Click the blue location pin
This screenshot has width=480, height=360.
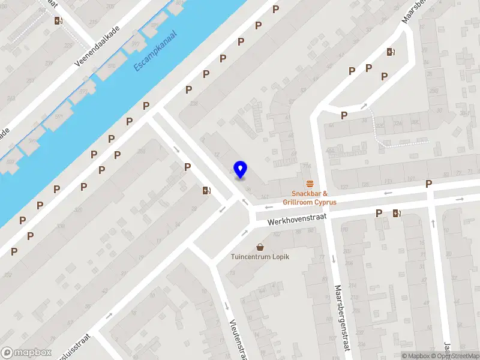click(x=241, y=170)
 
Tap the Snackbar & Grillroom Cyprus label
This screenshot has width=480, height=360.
click(x=310, y=197)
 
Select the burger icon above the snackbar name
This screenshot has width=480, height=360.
click(x=310, y=184)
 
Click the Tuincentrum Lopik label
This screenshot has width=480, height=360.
click(x=260, y=257)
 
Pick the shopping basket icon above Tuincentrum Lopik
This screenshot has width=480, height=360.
click(x=260, y=247)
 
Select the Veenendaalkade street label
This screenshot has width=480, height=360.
click(x=98, y=46)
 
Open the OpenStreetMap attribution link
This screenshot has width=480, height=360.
click(x=454, y=356)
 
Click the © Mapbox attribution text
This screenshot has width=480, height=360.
click(x=415, y=356)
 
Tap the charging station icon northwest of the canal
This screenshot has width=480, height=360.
click(x=58, y=20)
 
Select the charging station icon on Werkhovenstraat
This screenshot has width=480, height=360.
click(x=396, y=213)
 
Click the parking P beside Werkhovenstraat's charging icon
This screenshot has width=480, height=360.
click(x=379, y=213)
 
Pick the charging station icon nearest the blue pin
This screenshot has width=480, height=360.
click(x=207, y=191)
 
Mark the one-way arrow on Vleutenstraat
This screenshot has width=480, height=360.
click(x=227, y=306)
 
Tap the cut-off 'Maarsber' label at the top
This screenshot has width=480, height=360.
click(x=410, y=11)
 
